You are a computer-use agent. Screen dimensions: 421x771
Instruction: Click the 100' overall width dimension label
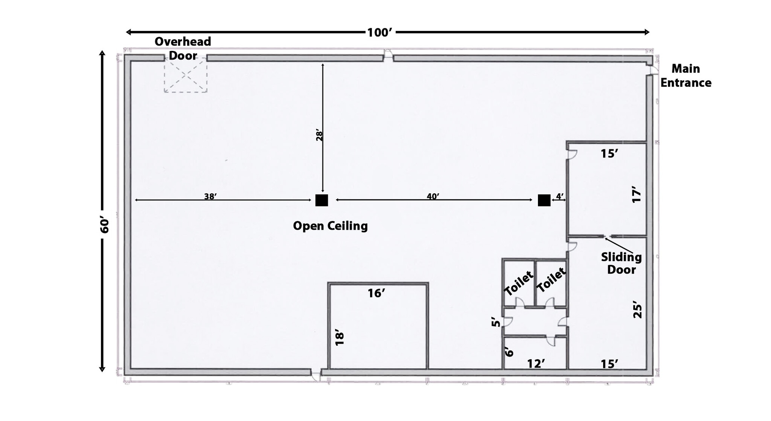[380, 33]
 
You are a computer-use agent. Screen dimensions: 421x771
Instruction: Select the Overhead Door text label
[183, 48]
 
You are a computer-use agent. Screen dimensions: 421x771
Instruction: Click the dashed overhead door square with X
[186, 75]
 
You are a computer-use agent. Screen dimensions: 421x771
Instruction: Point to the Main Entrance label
[686, 76]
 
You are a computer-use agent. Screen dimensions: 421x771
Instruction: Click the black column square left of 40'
[322, 200]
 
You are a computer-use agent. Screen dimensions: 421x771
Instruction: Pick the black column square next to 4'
[544, 200]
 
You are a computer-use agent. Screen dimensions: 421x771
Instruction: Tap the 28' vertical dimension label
[319, 135]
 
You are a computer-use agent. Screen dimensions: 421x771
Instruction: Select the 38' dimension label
[210, 196]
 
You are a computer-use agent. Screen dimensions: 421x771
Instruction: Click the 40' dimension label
[433, 196]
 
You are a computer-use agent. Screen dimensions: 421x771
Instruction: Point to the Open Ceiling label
[330, 226]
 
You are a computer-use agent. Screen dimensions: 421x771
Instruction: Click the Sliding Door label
[621, 263]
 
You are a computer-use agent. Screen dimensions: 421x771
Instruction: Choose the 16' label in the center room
[376, 293]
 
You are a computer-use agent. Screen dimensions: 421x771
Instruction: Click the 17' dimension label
[636, 194]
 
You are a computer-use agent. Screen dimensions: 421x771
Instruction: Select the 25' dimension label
[637, 309]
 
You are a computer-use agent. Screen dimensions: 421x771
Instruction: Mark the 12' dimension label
[536, 364]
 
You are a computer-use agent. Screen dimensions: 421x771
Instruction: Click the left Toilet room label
[519, 283]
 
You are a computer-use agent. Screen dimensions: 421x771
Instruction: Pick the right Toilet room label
[551, 280]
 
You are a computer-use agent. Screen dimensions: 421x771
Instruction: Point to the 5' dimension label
[496, 322]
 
